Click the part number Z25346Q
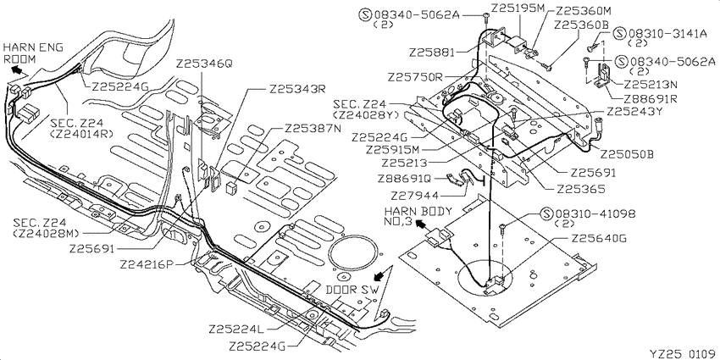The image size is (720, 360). (204, 64)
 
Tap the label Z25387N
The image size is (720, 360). (313, 128)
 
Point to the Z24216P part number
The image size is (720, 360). (149, 265)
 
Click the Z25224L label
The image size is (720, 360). (237, 330)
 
